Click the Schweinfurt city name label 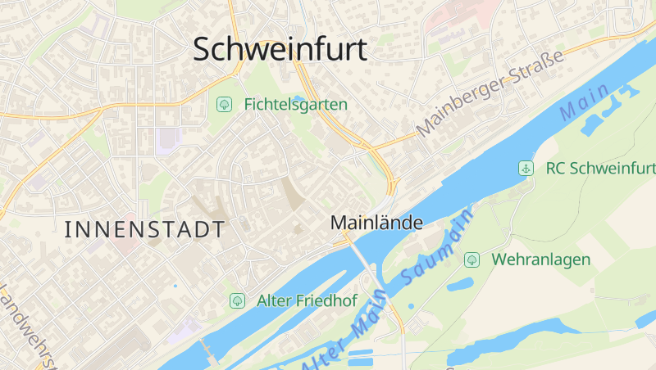pyautogui.click(x=280, y=49)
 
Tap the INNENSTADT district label pyautogui.click(x=144, y=230)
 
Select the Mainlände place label pyautogui.click(x=376, y=222)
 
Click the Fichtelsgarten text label pyautogui.click(x=295, y=105)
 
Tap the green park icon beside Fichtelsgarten pyautogui.click(x=224, y=104)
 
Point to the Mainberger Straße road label pyautogui.click(x=490, y=94)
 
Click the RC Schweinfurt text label pyautogui.click(x=601, y=169)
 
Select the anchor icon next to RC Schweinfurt pyautogui.click(x=525, y=168)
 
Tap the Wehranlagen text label pyautogui.click(x=541, y=259)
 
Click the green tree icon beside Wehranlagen pyautogui.click(x=471, y=259)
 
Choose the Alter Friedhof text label pyautogui.click(x=307, y=300)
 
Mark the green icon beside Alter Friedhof pyautogui.click(x=237, y=300)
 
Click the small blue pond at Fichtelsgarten pyautogui.click(x=299, y=98)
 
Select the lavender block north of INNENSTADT pyautogui.click(x=166, y=140)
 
